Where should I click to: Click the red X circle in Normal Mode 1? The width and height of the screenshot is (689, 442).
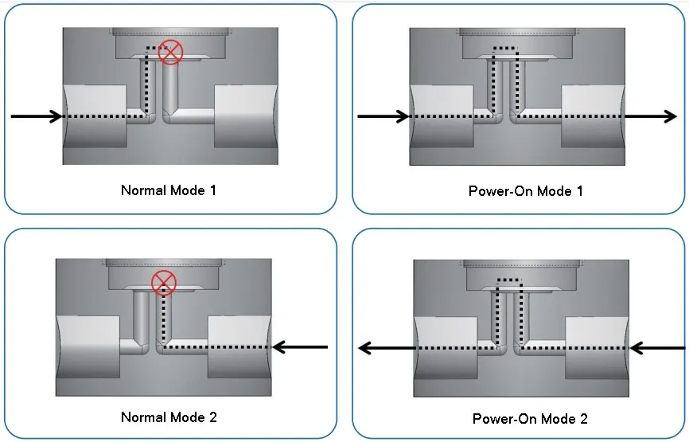point(170,52)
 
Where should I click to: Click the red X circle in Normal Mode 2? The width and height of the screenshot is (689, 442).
point(164,282)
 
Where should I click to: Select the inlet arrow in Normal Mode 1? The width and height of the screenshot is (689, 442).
point(37,116)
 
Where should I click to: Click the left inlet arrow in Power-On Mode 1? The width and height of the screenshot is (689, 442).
point(383,117)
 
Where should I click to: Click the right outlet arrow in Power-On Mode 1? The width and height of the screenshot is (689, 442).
point(651,117)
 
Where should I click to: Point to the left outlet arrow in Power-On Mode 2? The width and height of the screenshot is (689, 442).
point(386,348)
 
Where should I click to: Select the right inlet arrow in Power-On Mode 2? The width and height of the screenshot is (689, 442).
point(657,348)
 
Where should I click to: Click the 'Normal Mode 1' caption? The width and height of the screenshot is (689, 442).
point(168,190)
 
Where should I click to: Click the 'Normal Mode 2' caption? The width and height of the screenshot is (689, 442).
point(169,417)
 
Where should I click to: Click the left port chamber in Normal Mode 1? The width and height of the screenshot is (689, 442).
point(95,115)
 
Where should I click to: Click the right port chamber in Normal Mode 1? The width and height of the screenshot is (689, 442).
point(246,115)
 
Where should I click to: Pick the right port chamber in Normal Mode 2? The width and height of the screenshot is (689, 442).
point(239,346)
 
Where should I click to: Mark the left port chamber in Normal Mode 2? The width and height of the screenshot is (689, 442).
point(88,346)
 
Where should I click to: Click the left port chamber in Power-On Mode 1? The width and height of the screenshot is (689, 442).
point(442,116)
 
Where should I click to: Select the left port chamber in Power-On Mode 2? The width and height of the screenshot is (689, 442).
point(446,348)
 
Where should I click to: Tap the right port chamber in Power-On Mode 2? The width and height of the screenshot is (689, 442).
point(598,348)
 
